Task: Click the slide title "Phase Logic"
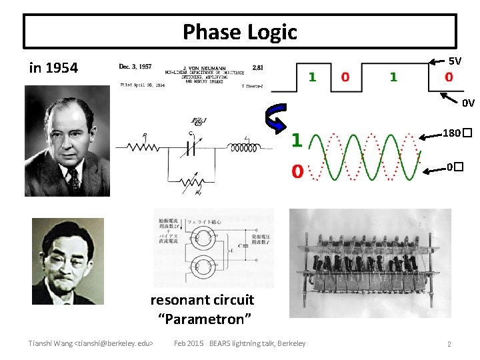pyautogui.click(x=240, y=31)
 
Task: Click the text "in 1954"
pyautogui.click(x=53, y=67)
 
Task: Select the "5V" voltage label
pyautogui.click(x=455, y=61)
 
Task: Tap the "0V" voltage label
pyautogui.click(x=468, y=103)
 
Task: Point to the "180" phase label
pyautogui.click(x=451, y=133)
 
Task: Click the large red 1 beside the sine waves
pyautogui.click(x=297, y=141)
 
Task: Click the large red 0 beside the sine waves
pyautogui.click(x=297, y=172)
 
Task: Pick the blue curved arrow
pyautogui.click(x=275, y=119)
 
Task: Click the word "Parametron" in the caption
pyautogui.click(x=205, y=319)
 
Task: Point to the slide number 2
pyautogui.click(x=449, y=344)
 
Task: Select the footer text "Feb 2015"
pyautogui.click(x=189, y=343)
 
